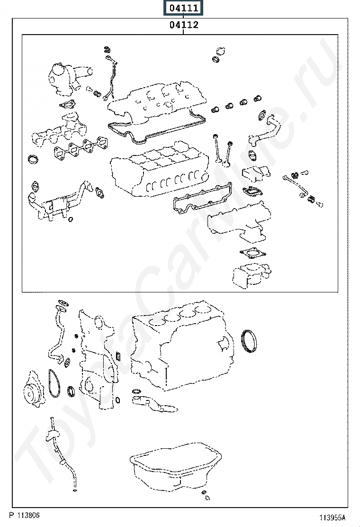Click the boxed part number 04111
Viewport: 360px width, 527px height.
pos(183,8)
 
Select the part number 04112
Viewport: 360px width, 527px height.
pos(183,25)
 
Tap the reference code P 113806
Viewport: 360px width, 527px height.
pos(24,515)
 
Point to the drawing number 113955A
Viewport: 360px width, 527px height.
pos(332,518)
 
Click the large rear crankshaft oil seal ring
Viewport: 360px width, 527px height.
pos(250,341)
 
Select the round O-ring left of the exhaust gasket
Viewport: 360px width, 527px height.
pos(34,159)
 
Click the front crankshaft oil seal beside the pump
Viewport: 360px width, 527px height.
pos(72,391)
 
